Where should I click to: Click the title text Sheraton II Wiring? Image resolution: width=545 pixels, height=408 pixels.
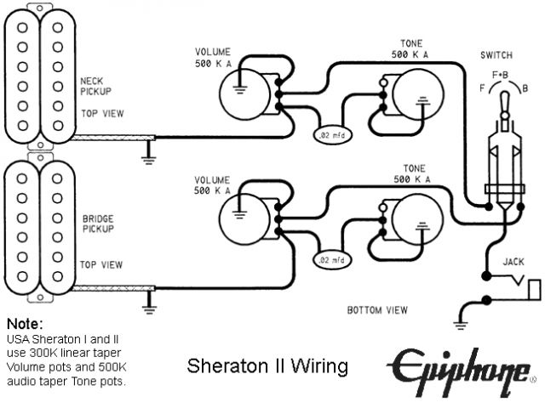(267, 367)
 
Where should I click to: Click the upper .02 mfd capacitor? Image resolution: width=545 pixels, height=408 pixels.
(330, 135)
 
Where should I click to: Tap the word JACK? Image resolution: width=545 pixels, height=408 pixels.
(513, 262)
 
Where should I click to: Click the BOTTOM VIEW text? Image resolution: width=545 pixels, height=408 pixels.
(377, 309)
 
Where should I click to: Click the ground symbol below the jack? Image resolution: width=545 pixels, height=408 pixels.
(461, 320)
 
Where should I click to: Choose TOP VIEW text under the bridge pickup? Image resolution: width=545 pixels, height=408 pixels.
(100, 265)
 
